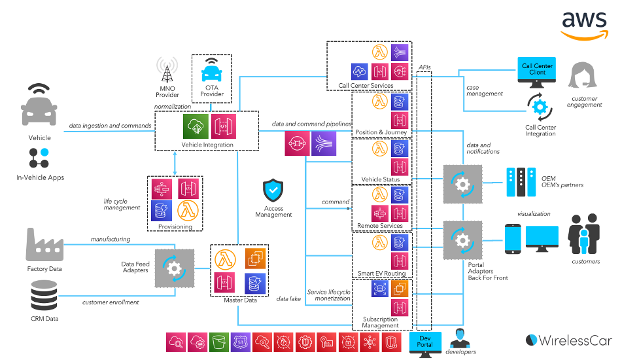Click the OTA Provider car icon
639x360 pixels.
tap(211, 72)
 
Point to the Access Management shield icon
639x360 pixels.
tap(273, 190)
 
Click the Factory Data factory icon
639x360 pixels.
tap(44, 245)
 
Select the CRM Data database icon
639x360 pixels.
tap(44, 297)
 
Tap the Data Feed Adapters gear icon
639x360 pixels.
tap(174, 268)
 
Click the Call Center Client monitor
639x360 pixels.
tap(537, 72)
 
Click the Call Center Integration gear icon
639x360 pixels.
tap(540, 107)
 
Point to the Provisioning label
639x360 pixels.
tap(175, 226)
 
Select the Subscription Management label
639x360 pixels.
tap(380, 322)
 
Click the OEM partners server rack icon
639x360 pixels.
tap(521, 183)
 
